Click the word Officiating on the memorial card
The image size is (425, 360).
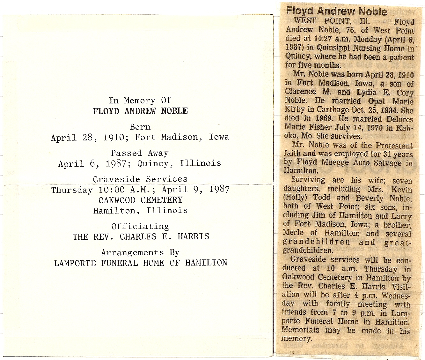click(140, 226)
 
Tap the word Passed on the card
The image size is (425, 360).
click(126, 153)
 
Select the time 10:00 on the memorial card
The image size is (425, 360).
click(112, 190)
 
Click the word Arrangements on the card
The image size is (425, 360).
click(132, 253)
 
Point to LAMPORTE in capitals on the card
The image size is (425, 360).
click(75, 263)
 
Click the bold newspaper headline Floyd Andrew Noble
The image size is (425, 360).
click(337, 11)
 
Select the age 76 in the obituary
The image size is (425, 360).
click(350, 30)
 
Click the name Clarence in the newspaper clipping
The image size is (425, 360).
click(300, 92)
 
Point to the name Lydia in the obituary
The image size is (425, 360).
click(366, 92)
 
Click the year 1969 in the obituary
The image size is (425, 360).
click(325, 118)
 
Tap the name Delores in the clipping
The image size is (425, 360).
click(399, 119)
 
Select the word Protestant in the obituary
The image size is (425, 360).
click(394, 146)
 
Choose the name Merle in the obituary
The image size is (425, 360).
click(292, 233)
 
